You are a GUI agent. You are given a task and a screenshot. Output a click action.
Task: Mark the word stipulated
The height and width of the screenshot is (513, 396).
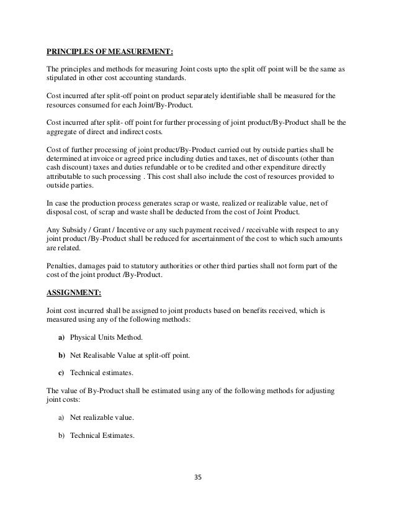coord(63,80)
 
